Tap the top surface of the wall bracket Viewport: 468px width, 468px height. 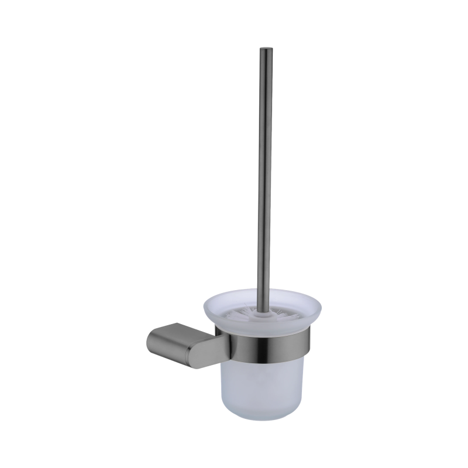175,331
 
